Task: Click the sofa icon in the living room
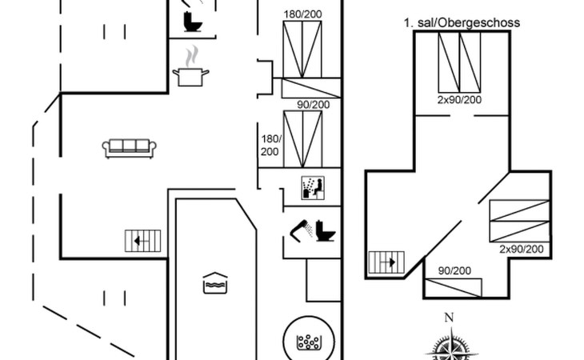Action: (130, 149)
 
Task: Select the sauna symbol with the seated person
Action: (313, 188)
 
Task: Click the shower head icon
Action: (302, 230)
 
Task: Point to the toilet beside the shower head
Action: (326, 231)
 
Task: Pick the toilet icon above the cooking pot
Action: (193, 22)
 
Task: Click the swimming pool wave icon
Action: (215, 283)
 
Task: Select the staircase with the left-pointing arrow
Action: (142, 241)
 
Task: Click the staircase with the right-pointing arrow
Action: (386, 262)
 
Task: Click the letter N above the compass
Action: (449, 318)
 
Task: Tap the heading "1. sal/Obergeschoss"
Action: (462, 22)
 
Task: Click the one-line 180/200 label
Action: (303, 14)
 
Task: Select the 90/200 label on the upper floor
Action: (454, 270)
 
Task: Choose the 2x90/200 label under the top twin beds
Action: (459, 100)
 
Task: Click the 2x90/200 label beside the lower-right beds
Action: (522, 249)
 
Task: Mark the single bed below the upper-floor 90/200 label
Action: (454, 288)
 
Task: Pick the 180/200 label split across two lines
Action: (270, 145)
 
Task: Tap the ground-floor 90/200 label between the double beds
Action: (314, 105)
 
